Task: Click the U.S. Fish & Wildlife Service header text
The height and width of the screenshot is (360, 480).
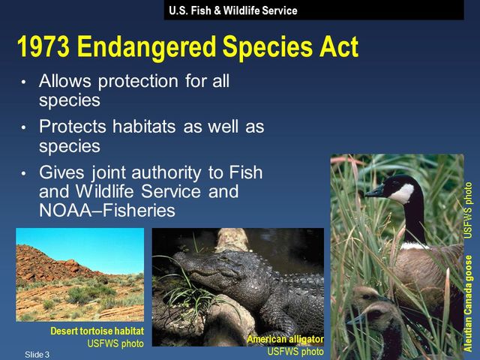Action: [232, 10]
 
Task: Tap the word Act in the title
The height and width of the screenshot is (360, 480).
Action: [337, 48]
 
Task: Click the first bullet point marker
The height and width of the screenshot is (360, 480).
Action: [24, 82]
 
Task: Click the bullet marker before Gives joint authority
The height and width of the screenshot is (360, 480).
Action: [24, 174]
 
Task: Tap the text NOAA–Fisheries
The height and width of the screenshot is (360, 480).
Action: [106, 211]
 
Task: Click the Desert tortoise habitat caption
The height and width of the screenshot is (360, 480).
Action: [97, 331]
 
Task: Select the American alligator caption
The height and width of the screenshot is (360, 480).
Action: [285, 340]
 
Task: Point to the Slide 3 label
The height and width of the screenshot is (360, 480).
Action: [36, 353]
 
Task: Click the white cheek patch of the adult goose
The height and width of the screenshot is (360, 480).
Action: [403, 193]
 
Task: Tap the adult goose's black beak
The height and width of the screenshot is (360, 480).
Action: [374, 192]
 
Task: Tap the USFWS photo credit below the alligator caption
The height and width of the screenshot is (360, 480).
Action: [295, 351]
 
